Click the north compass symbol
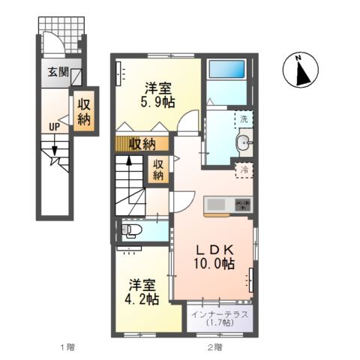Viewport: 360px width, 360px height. (x=299, y=71)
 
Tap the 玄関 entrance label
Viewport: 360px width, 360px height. (x=58, y=73)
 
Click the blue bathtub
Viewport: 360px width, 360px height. (x=227, y=70)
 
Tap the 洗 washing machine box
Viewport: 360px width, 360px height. (x=244, y=118)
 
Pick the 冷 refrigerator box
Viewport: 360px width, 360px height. (x=244, y=170)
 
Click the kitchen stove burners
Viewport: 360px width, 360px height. (x=242, y=202)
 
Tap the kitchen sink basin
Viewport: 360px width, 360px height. (x=215, y=202)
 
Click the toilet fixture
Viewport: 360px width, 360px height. (x=132, y=229)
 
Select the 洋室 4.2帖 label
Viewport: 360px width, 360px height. (x=142, y=292)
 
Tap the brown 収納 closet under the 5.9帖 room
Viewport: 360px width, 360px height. (x=142, y=143)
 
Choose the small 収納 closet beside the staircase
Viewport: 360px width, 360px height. (x=158, y=169)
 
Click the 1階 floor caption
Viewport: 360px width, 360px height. (x=66, y=347)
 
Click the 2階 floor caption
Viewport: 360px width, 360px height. (x=214, y=347)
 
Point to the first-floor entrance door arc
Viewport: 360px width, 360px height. (x=51, y=41)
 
